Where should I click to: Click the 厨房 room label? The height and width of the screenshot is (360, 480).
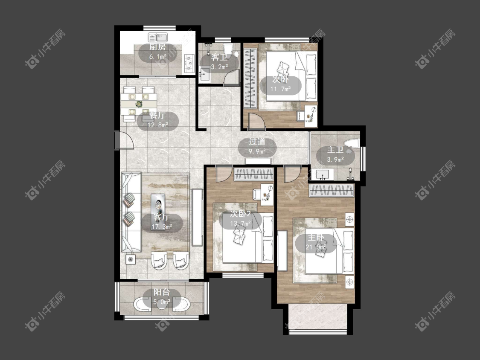(x=157, y=47)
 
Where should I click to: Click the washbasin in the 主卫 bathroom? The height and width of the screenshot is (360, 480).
(x=323, y=174)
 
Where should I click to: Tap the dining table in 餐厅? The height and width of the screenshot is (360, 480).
(x=139, y=104)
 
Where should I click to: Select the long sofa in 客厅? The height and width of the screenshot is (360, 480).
(x=131, y=212)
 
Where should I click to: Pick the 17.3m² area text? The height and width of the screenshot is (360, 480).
(x=162, y=227)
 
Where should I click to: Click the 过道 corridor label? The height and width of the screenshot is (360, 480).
(x=257, y=142)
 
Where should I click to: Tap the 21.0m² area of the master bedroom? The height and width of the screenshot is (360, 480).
(x=316, y=247)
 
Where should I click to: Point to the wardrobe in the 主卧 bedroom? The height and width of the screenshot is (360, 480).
(x=332, y=190)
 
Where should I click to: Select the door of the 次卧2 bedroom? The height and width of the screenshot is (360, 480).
(x=224, y=174)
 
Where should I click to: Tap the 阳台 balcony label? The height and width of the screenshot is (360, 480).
(x=162, y=292)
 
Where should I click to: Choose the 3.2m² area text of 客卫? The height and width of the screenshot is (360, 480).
(x=219, y=67)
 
